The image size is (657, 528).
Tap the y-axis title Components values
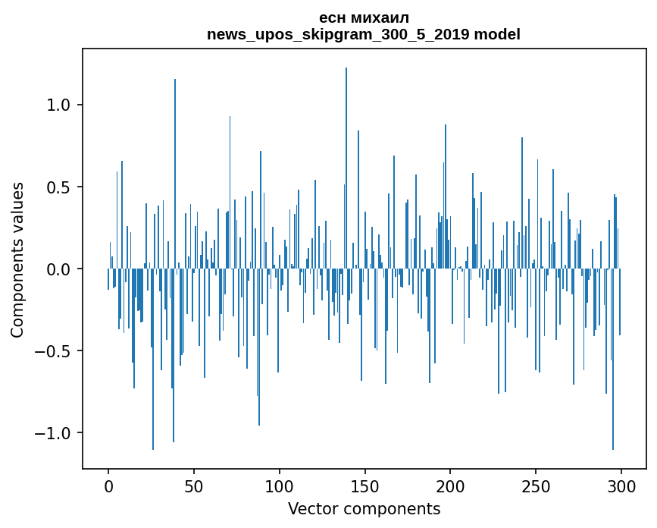click(17, 259)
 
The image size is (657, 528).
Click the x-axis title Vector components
click(364, 508)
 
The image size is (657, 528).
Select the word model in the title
click(497, 35)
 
